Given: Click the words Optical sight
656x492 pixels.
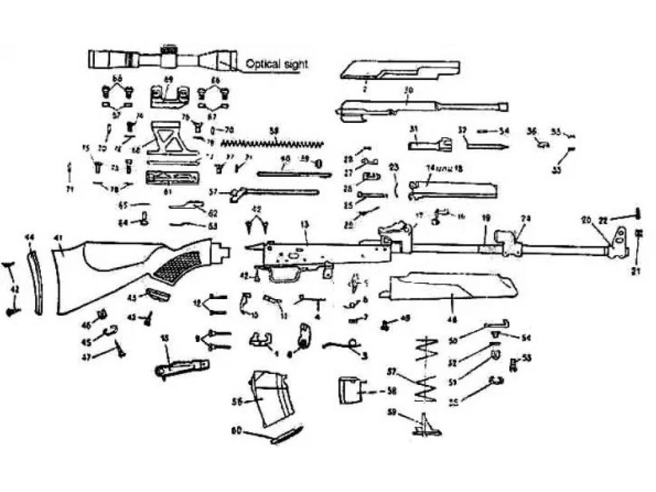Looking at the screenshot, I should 277,64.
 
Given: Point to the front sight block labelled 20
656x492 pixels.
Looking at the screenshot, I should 618,242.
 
